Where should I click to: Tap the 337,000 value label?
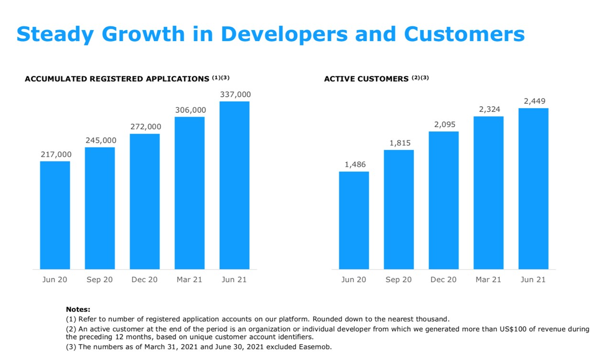235,95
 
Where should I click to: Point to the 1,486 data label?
355,164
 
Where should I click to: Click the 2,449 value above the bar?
534,101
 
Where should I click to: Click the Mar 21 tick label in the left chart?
189,280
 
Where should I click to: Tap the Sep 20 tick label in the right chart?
398,280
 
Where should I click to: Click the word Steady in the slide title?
55,34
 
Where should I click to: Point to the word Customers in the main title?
464,34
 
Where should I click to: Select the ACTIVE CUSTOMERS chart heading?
366,79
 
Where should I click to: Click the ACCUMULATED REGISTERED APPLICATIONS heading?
117,79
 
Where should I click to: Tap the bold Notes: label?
78,310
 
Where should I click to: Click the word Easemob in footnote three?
315,347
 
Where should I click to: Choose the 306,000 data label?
190,110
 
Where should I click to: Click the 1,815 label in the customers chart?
400,143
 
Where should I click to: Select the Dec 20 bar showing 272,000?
144,201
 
